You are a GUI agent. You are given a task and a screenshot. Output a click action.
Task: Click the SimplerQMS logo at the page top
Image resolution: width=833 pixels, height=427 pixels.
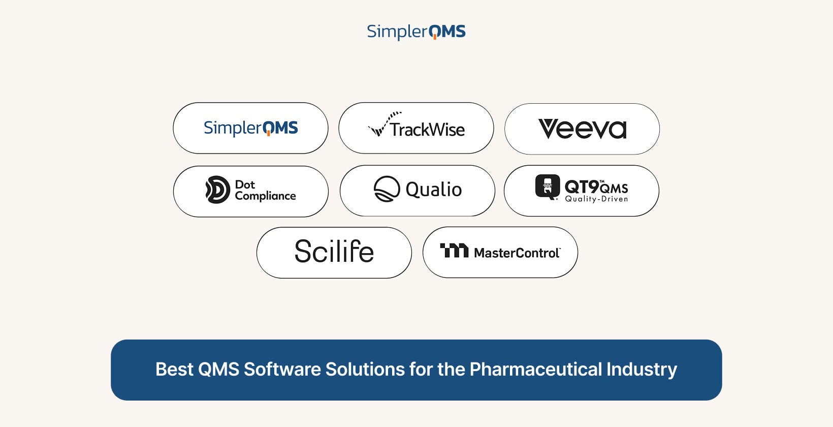coord(416,32)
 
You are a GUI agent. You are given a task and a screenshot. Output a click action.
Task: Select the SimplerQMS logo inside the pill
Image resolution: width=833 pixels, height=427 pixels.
coord(250,128)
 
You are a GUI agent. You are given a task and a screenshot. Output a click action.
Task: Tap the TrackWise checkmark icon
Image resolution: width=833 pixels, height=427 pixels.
coord(384,124)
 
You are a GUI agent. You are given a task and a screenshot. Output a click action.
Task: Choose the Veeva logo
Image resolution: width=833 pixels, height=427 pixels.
coord(583,129)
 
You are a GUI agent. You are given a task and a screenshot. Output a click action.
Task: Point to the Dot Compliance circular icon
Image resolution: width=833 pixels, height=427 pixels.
coord(218,190)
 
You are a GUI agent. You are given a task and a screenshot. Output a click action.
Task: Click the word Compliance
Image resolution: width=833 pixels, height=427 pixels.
coord(265,196)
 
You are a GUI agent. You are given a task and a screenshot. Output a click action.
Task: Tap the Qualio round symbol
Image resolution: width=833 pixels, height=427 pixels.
coord(387,189)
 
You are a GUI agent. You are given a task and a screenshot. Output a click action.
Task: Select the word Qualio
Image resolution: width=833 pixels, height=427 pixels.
coord(434,190)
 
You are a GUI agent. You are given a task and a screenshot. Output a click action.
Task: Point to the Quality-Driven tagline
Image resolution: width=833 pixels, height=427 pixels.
coord(596,199)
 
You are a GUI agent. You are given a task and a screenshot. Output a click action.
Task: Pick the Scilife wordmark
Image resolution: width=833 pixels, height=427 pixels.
coord(334,251)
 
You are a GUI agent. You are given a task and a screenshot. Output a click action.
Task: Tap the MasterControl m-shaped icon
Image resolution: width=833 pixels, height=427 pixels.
coord(454,251)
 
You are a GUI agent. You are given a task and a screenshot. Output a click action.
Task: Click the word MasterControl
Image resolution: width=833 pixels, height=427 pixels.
coord(517,253)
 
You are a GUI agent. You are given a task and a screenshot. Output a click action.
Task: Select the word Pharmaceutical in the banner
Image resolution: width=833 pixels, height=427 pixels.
coord(535,370)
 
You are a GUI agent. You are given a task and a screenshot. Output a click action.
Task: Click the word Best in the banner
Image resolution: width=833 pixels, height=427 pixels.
coord(174,369)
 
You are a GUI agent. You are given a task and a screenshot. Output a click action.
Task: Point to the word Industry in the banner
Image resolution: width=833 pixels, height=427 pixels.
coord(642,370)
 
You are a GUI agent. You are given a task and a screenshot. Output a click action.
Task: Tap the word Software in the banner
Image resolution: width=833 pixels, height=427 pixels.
coord(282,369)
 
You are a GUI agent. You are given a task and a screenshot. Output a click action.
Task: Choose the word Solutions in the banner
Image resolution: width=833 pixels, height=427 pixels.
coord(365,369)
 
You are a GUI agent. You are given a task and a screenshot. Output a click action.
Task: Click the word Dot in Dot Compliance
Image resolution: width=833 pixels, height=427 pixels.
coord(245,185)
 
